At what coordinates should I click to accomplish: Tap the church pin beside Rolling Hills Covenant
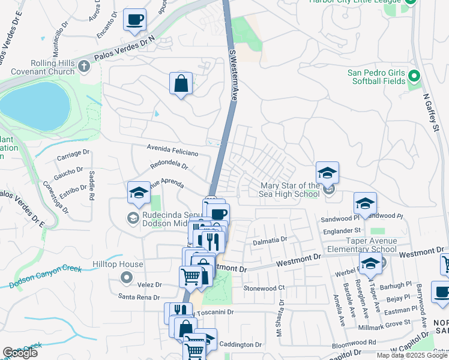coord(84,67)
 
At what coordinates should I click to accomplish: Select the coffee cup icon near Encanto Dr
coord(134,20)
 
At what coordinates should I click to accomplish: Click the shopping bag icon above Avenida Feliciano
coord(181,84)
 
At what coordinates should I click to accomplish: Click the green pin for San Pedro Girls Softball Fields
coord(414,77)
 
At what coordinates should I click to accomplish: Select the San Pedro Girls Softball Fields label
coord(376,77)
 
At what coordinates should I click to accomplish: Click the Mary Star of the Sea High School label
coord(290,190)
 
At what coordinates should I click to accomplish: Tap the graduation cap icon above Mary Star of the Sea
coord(328,173)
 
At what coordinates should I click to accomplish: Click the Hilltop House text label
coord(118,264)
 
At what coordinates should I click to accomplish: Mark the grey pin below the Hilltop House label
coord(126,277)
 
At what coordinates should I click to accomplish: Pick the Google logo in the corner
coord(20,353)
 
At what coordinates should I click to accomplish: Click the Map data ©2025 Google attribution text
coord(411,355)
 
